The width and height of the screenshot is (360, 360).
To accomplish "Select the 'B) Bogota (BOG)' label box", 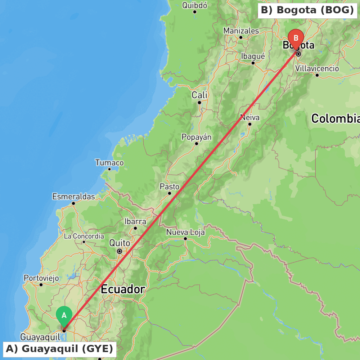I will (307, 10).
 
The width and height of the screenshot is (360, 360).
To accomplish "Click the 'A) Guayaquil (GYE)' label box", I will (59, 349).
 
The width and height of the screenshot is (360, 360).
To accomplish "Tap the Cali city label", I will (199, 95).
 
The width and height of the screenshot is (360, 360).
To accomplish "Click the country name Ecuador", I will (123, 289).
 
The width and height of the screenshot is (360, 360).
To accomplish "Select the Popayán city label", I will (197, 137).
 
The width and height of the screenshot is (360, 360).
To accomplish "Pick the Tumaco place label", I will (109, 163).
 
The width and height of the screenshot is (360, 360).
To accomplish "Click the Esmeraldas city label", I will (73, 197).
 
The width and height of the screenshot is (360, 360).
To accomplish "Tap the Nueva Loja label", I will (185, 233).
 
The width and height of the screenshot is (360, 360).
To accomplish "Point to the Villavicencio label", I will (317, 68).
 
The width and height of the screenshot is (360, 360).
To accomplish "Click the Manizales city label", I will (241, 31).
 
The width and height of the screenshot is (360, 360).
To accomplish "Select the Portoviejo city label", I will (41, 278).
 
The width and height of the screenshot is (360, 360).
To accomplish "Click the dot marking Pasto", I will (170, 193).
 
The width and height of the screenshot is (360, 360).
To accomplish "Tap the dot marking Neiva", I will (249, 124).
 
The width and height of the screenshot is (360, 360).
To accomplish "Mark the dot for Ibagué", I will (253, 63).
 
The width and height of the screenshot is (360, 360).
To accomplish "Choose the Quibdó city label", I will (195, 5).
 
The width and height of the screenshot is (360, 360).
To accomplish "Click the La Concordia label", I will (84, 237).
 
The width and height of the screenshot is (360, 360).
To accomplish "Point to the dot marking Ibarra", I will (135, 228).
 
